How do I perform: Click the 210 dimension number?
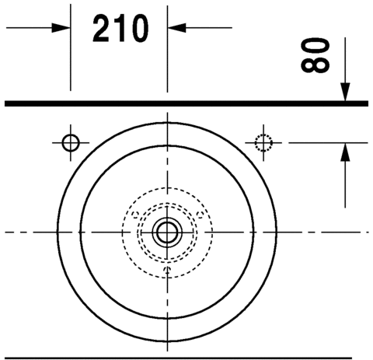click(120, 28)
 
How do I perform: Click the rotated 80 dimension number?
click(315, 55)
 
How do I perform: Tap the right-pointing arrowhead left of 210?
click(61, 28)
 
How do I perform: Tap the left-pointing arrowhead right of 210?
click(177, 28)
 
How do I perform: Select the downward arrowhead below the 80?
click(345, 92)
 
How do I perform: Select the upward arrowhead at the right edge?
click(345, 152)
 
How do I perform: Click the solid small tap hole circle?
click(71, 143)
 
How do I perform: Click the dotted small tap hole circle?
click(263, 143)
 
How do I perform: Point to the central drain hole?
click(167, 232)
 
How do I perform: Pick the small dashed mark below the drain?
click(168, 270)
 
